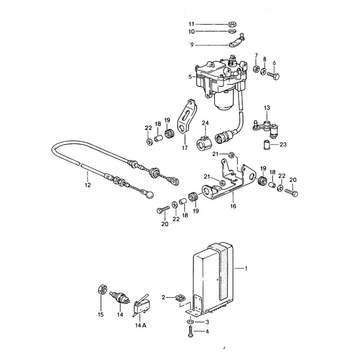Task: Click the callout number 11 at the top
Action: (x=191, y=24)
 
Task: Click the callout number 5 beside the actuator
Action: (x=190, y=76)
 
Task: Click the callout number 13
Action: (x=266, y=108)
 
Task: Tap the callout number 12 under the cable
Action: (x=88, y=186)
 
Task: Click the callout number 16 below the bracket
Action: (x=233, y=206)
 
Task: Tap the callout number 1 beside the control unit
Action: (x=246, y=268)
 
